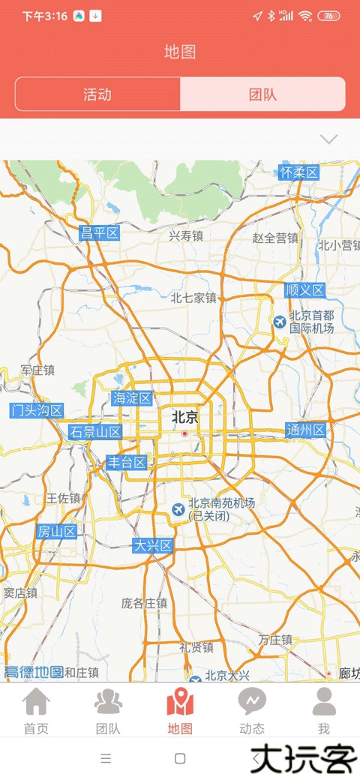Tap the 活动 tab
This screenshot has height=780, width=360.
click(x=97, y=94)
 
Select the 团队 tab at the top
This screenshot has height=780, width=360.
click(x=262, y=94)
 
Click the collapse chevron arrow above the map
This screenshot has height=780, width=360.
click(x=328, y=139)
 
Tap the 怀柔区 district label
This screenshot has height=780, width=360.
click(x=298, y=172)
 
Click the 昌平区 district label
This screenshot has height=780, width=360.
click(x=100, y=233)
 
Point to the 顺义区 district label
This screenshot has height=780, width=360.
click(x=304, y=290)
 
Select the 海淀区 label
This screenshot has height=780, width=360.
click(x=132, y=398)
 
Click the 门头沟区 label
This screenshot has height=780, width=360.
click(x=37, y=410)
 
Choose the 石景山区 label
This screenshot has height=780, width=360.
click(x=95, y=432)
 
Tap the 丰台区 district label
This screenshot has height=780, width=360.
click(x=125, y=462)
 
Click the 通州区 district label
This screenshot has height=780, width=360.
click(x=306, y=430)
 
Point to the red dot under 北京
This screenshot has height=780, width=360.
click(x=184, y=433)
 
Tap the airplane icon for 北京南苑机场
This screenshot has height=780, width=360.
click(x=178, y=509)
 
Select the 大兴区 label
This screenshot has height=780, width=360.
click(x=153, y=545)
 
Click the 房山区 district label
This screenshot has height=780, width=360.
click(x=57, y=532)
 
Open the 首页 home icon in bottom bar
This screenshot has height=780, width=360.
click(x=36, y=703)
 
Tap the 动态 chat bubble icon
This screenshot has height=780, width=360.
click(x=252, y=703)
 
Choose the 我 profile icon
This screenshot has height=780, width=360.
click(x=324, y=703)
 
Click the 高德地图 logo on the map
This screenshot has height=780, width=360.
click(x=34, y=672)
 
